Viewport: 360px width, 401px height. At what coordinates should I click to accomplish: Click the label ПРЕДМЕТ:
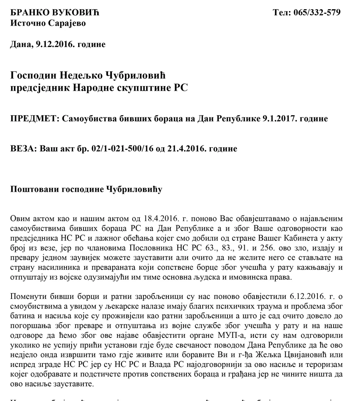[33, 119]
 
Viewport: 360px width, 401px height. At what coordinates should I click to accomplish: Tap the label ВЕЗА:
[23, 148]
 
